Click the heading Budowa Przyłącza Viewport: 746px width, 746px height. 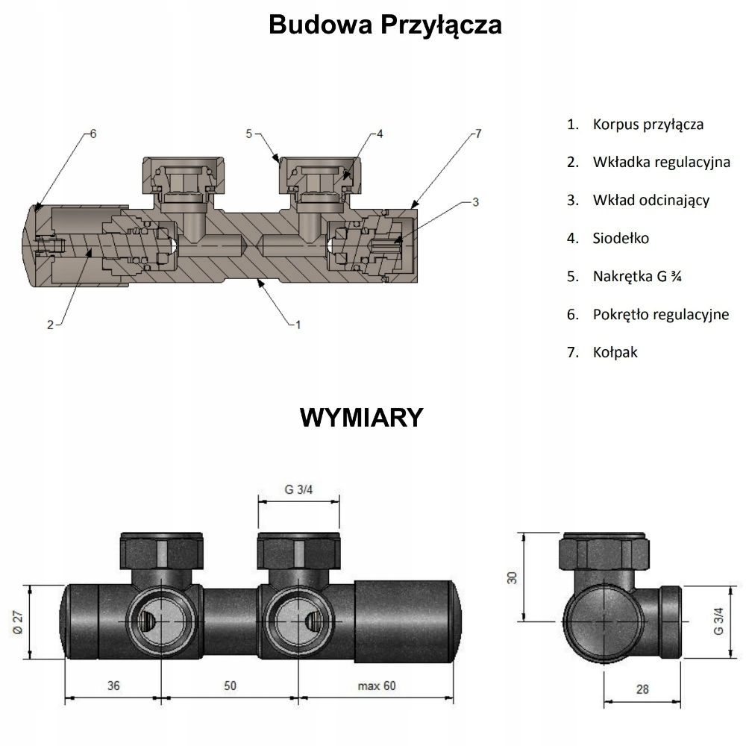[385, 25]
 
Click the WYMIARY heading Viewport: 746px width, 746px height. [362, 418]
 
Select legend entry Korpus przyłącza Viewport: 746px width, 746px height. [648, 125]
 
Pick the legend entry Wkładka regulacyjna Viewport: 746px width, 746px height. [661, 162]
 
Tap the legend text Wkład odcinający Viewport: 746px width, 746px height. [651, 200]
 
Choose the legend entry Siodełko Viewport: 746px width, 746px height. [621, 238]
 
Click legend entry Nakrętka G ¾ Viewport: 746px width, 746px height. [637, 276]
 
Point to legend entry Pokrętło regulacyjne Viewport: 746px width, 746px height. [661, 315]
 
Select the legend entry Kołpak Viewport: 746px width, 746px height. [615, 352]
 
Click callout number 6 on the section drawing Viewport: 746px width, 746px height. [93, 134]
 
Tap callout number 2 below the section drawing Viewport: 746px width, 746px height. [51, 325]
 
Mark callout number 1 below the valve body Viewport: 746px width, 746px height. [298, 325]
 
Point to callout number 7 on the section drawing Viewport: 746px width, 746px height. [478, 134]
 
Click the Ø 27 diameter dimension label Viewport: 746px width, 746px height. [18, 622]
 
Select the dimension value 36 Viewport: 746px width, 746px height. [113, 686]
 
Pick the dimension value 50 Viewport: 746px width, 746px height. [230, 686]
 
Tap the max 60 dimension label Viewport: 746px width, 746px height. [376, 686]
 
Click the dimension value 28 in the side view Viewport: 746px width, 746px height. [642, 689]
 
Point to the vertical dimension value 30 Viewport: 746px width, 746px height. [512, 577]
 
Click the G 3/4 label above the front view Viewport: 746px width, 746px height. [299, 489]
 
